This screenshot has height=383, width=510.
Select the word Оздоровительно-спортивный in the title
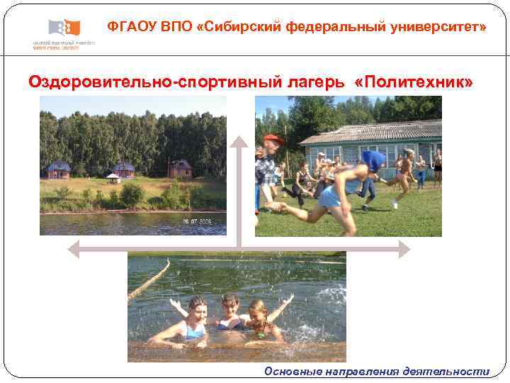click(154, 82)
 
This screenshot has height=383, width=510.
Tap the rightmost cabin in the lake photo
click(180, 169)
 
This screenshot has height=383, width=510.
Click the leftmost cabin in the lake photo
click(59, 170)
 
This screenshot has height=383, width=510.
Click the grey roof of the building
click(368, 131)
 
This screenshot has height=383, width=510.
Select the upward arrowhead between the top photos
click(239, 142)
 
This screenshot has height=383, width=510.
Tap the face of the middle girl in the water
click(229, 304)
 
